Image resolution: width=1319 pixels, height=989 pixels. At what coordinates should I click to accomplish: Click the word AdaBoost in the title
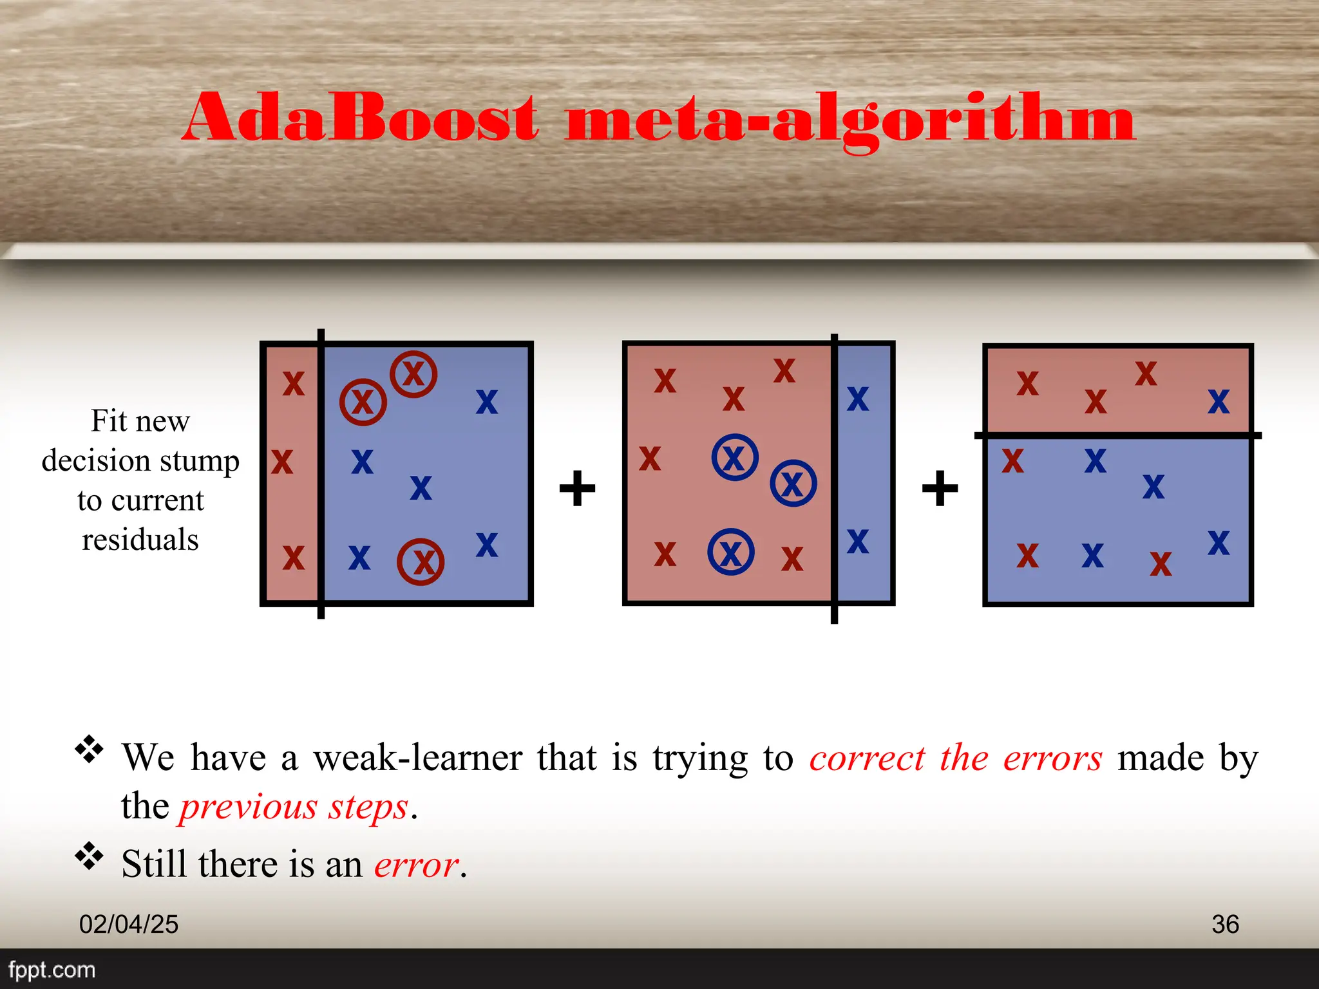(361, 117)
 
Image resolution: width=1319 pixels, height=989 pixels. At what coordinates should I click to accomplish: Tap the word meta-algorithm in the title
(850, 120)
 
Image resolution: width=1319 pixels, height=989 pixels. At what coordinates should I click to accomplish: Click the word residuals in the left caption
(140, 540)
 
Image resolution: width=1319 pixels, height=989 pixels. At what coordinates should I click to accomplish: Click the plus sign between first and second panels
(577, 488)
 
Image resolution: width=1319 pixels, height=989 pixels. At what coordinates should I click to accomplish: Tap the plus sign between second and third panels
(940, 488)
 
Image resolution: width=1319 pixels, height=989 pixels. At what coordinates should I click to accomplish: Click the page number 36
(1225, 924)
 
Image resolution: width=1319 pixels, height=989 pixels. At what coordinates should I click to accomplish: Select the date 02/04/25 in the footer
(129, 924)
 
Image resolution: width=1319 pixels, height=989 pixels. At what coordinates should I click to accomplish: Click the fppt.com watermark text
(52, 970)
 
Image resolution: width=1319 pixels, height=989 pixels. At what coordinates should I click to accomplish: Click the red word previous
(249, 807)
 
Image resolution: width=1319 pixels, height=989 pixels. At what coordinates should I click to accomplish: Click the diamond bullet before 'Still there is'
(89, 856)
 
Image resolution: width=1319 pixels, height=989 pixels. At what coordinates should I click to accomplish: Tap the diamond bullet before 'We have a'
(89, 749)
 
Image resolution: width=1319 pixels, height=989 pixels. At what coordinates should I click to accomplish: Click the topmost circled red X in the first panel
(413, 374)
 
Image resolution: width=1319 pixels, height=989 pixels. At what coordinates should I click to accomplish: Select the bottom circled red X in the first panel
(421, 561)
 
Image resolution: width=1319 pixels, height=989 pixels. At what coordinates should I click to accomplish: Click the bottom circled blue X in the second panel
(731, 552)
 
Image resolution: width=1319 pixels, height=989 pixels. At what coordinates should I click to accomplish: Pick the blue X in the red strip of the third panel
(1219, 402)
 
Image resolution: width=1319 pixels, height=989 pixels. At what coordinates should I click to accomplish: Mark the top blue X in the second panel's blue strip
(858, 399)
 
